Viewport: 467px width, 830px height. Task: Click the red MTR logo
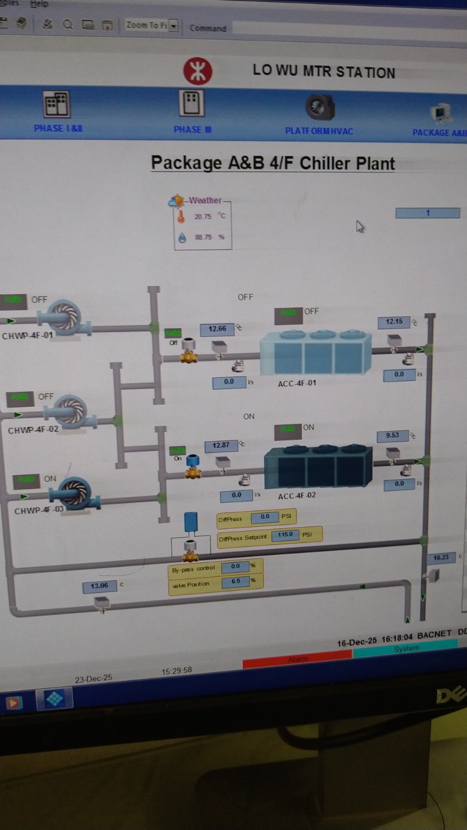tap(197, 71)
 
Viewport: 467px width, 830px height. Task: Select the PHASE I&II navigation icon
tap(56, 104)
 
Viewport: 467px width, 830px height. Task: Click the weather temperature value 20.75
tap(203, 216)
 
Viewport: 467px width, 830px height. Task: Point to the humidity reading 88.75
tap(203, 237)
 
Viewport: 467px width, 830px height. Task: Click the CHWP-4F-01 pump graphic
tap(64, 316)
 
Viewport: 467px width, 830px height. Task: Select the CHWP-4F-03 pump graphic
tap(76, 493)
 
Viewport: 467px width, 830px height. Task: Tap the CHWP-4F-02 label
tap(33, 430)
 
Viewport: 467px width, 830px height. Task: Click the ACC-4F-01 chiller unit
tap(315, 353)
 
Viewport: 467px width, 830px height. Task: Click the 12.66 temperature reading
tap(217, 329)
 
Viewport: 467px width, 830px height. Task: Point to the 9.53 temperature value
tap(392, 435)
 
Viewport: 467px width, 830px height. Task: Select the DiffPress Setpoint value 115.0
tap(285, 534)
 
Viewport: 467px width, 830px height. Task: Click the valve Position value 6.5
tap(236, 582)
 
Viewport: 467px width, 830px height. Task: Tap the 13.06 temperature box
tap(99, 586)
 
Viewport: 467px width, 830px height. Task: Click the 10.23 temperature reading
tap(441, 558)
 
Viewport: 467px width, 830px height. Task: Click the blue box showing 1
tap(428, 213)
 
